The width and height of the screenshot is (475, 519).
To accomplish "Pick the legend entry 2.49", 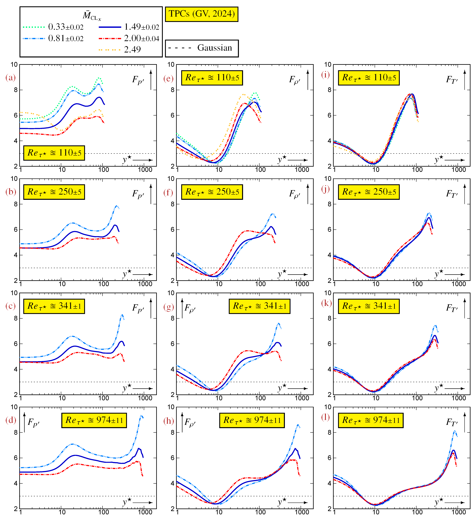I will click(132, 49).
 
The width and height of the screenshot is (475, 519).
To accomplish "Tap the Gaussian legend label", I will click(215, 48).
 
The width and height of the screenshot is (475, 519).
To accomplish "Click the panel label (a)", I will click(11, 77).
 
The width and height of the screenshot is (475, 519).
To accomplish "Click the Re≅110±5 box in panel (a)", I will click(54, 153).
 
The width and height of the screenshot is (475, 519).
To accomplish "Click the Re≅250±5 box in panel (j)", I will click(369, 192).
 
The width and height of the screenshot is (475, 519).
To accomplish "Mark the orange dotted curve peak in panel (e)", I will click(243, 95).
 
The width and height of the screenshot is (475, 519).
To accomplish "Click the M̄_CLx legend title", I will click(92, 16).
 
